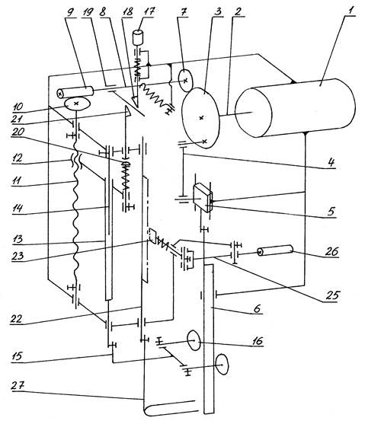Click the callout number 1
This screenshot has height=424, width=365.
click(351, 11)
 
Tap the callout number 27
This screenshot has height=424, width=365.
click(18, 386)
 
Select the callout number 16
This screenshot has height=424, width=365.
click(257, 341)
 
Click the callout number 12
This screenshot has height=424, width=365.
click(18, 158)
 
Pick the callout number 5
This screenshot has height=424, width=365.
click(331, 212)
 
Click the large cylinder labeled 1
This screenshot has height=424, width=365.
click(295, 107)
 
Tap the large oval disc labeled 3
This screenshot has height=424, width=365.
click(201, 117)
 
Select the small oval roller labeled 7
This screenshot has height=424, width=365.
click(185, 81)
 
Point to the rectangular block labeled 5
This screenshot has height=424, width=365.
click(203, 198)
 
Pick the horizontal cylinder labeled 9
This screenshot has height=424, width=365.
click(75, 92)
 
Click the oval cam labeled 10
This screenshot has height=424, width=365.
click(77, 104)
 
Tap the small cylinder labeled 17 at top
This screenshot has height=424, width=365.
click(138, 37)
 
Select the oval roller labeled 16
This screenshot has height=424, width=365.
click(194, 340)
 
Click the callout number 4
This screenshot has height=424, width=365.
click(331, 162)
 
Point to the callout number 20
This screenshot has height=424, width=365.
click(18, 132)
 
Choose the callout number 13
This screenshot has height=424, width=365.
click(17, 239)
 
